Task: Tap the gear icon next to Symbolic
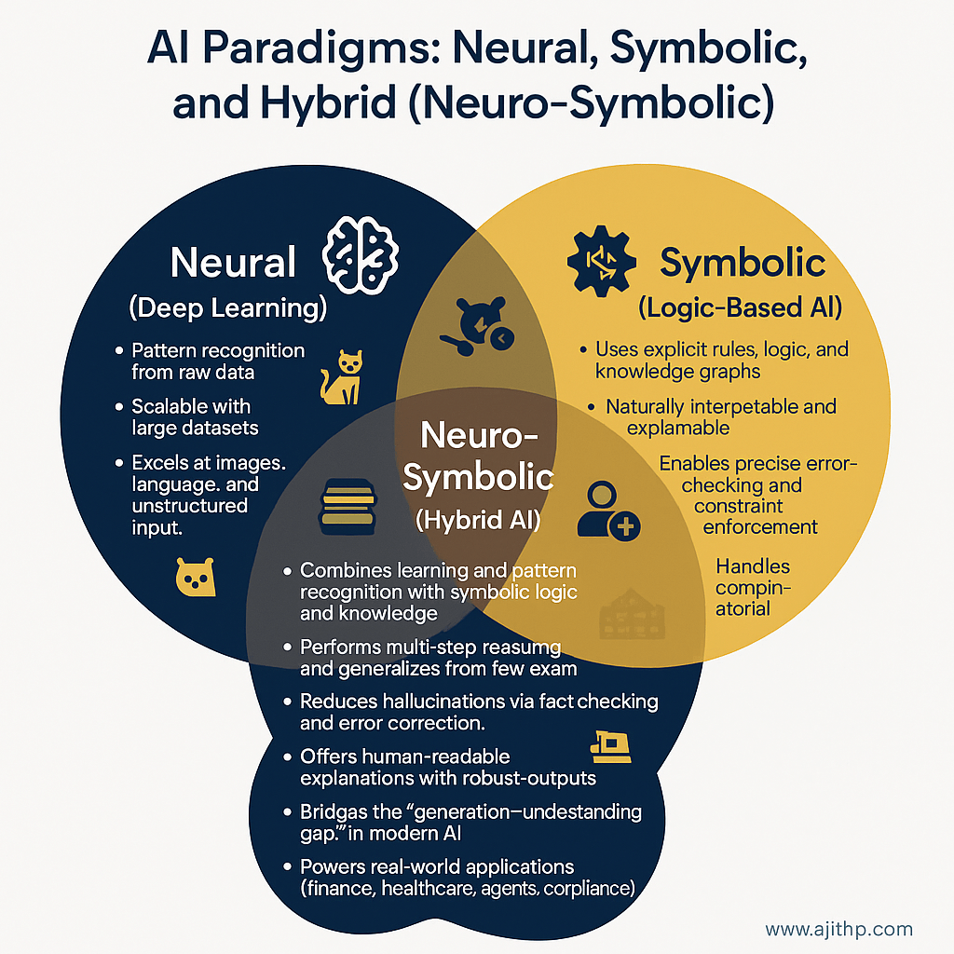click(602, 262)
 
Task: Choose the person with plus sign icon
click(606, 511)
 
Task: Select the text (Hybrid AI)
click(478, 520)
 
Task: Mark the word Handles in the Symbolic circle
click(753, 566)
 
